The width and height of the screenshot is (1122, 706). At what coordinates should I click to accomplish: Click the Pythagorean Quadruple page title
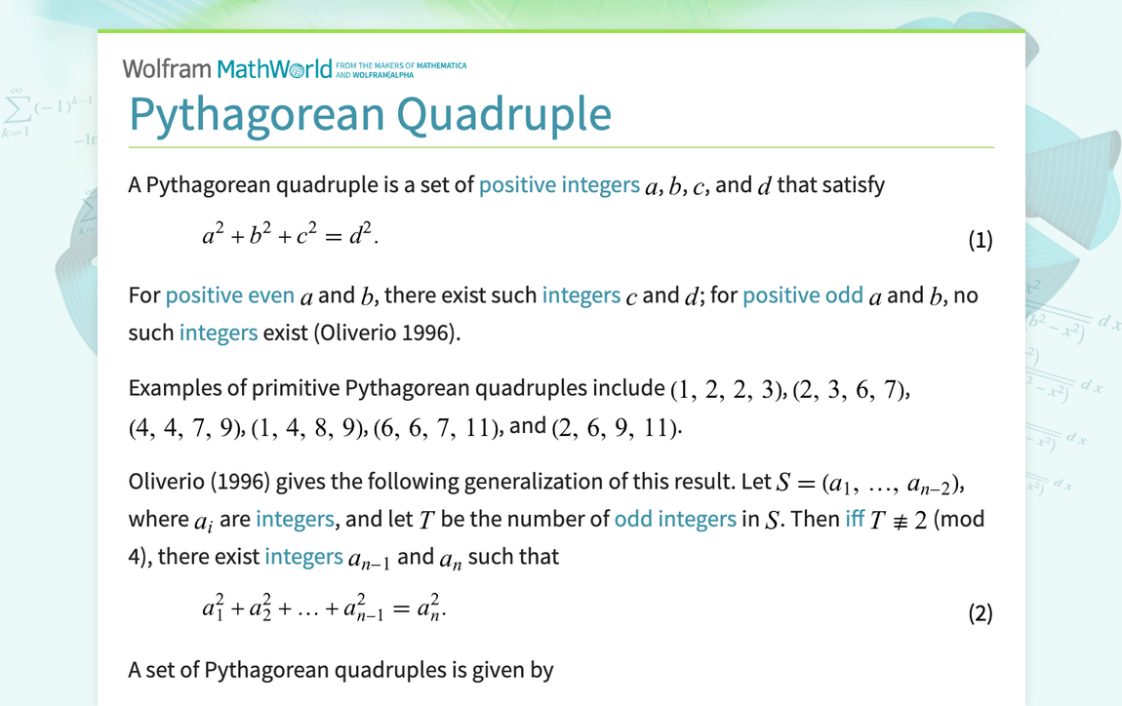[x=370, y=114]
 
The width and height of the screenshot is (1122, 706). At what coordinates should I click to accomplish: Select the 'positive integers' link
[x=558, y=184]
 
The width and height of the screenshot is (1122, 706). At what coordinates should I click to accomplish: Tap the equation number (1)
[x=980, y=240]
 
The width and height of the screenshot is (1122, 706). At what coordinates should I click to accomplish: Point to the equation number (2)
[x=980, y=612]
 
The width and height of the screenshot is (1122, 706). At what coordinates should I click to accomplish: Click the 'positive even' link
[x=230, y=295]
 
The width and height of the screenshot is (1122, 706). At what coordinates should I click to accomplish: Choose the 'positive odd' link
[x=803, y=295]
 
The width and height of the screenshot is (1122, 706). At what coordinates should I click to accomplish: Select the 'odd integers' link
[x=675, y=519]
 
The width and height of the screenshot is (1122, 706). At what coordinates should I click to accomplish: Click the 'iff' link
[x=855, y=519]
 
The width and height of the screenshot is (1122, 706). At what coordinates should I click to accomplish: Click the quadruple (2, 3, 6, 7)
[x=851, y=389]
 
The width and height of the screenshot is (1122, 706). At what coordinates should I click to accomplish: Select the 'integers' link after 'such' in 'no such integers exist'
[x=219, y=333]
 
